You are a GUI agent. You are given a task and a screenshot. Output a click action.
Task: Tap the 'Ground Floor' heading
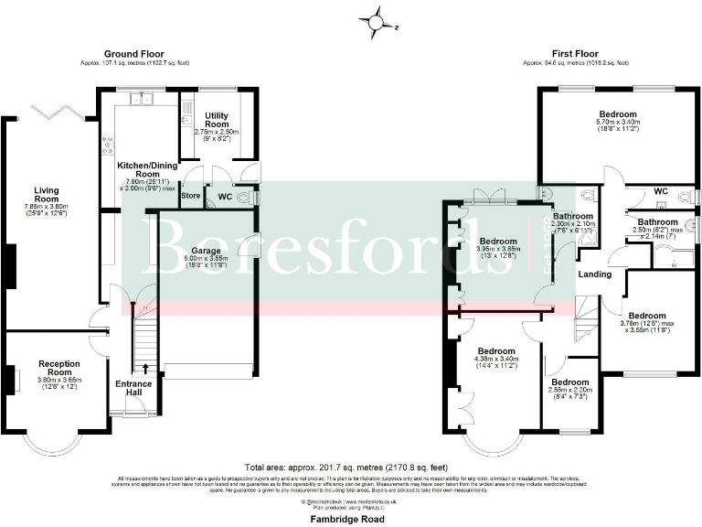click(x=133, y=54)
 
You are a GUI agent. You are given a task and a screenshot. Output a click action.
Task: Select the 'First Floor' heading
click(x=576, y=54)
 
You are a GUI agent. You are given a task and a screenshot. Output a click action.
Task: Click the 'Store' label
click(x=190, y=195)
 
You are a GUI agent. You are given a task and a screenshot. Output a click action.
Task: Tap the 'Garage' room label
click(x=205, y=250)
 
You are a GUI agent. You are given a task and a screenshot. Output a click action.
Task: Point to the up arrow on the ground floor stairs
click(x=146, y=370)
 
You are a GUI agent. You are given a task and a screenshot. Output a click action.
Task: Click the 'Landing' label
click(x=594, y=274)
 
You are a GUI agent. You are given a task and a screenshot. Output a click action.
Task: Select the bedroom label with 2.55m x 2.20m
click(x=569, y=382)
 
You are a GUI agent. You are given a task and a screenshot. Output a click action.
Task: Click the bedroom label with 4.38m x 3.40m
click(x=494, y=351)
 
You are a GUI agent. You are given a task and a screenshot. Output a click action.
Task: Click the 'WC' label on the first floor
click(x=660, y=192)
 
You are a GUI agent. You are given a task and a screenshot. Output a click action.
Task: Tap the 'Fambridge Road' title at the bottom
click(x=351, y=519)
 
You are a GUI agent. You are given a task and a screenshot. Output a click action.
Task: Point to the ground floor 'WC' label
click(x=225, y=196)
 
